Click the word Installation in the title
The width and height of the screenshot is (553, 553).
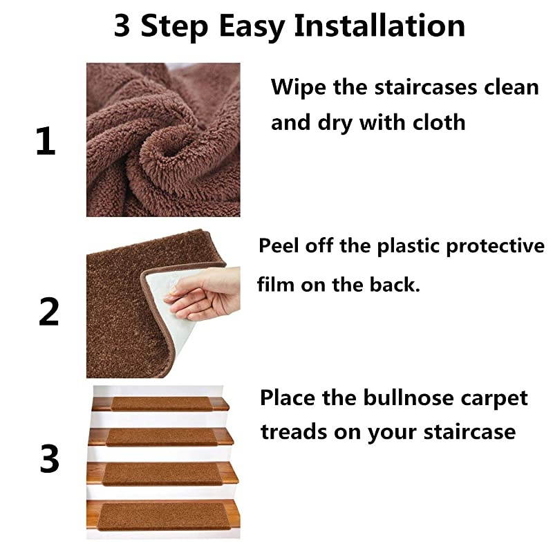click(x=379, y=26)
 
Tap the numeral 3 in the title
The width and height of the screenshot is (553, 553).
click(x=124, y=26)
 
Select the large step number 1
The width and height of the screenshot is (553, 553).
click(x=46, y=141)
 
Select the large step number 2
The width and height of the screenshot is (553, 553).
click(x=48, y=312)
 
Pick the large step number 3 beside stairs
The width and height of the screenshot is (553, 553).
click(x=49, y=459)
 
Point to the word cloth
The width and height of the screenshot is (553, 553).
click(x=438, y=122)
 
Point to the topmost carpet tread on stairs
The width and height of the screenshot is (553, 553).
click(x=161, y=403)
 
